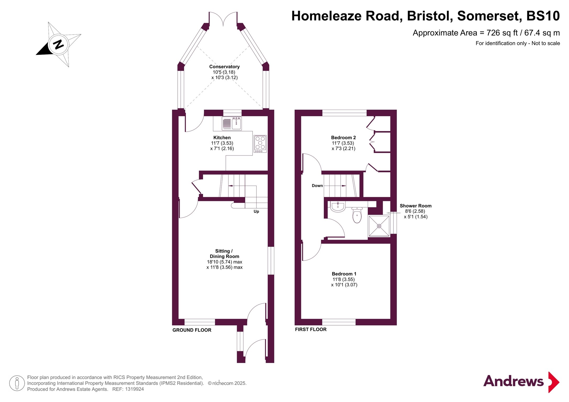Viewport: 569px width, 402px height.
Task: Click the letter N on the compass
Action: pyautogui.click(x=58, y=44)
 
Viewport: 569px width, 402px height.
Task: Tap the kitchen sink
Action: pyautogui.click(x=232, y=124)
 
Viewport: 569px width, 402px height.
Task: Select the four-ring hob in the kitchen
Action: pyautogui.click(x=260, y=144)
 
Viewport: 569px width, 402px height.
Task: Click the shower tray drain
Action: pyautogui.click(x=379, y=226)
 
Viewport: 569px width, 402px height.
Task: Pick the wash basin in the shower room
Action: pyautogui.click(x=338, y=206)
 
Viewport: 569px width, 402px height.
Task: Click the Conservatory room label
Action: pyautogui.click(x=224, y=67)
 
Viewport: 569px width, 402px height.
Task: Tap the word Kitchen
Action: pyautogui.click(x=222, y=138)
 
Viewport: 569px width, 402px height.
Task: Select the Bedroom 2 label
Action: pyautogui.click(x=343, y=138)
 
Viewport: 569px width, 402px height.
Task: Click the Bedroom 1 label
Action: pyautogui.click(x=344, y=274)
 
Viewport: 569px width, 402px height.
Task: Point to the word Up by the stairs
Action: pyautogui.click(x=256, y=211)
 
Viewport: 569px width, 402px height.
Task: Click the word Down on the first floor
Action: pyautogui.click(x=317, y=186)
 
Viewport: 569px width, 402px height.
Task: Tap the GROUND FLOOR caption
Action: pyautogui.click(x=192, y=330)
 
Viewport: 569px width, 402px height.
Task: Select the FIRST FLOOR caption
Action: pyautogui.click(x=311, y=330)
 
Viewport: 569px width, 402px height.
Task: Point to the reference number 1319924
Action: pyautogui.click(x=134, y=389)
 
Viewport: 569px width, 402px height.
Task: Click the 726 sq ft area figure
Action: pyautogui.click(x=502, y=33)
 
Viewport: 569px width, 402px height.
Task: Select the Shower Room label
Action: pyautogui.click(x=415, y=206)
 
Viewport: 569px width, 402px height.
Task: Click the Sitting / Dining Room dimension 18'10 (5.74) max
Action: pyautogui.click(x=225, y=262)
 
